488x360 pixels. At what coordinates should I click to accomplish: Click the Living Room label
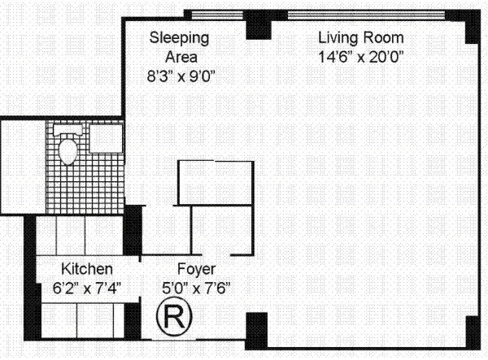[361, 38]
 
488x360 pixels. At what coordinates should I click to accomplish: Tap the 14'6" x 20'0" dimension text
[361, 57]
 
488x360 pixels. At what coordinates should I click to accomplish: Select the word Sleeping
[179, 38]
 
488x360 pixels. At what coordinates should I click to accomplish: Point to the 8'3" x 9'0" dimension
[181, 76]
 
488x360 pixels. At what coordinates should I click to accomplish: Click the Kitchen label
[87, 269]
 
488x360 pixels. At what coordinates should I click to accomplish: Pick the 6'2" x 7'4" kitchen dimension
[86, 288]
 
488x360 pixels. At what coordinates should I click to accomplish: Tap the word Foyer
[196, 269]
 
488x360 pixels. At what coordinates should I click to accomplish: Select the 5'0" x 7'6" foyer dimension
[196, 288]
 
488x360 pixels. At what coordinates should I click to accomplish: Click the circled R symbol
[174, 317]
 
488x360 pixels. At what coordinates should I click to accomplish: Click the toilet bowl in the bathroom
[68, 151]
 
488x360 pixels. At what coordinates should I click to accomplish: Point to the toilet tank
[68, 130]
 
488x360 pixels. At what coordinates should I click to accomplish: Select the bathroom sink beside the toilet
[106, 138]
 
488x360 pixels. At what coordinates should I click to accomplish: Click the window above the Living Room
[366, 15]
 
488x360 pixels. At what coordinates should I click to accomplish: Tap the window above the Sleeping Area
[216, 15]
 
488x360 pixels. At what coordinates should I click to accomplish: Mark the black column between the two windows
[259, 24]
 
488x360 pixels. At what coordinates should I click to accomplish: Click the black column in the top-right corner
[473, 27]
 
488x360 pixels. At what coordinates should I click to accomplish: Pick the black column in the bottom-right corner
[473, 332]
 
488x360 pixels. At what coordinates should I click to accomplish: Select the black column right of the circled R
[256, 331]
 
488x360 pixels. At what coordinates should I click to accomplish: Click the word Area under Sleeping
[181, 57]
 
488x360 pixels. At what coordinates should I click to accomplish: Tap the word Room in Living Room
[383, 38]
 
